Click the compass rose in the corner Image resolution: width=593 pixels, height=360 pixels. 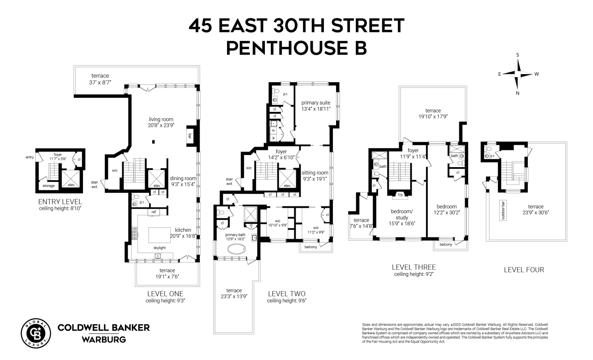point(517,74)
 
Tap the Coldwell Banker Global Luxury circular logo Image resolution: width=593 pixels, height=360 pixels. point(36,333)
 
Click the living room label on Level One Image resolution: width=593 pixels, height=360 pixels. point(161,119)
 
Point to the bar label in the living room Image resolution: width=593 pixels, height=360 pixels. point(190,136)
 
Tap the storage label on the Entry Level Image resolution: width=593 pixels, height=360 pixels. point(49,186)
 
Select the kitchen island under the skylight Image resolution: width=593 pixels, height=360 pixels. point(160,235)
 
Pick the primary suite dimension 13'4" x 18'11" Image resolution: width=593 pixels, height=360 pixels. point(315,109)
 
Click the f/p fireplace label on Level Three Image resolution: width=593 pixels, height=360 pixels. point(400,195)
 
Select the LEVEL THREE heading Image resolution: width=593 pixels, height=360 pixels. point(414,267)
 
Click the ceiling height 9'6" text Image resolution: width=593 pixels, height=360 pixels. point(287,301)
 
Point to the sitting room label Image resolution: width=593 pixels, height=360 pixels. point(315,173)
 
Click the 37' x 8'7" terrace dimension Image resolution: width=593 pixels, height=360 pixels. point(100,82)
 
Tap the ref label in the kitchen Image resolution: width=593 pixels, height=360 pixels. point(153,212)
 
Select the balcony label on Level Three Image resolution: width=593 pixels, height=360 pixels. point(446,245)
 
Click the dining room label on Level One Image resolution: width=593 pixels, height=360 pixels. point(183,178)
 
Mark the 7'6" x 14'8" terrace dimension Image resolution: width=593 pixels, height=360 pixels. point(361,226)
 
